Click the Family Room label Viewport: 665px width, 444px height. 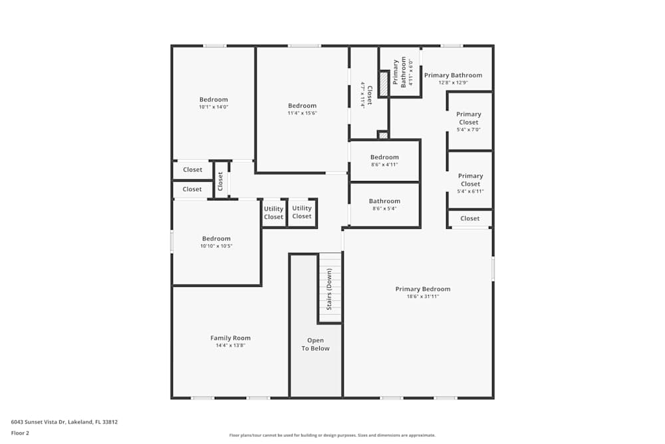[x=230, y=338]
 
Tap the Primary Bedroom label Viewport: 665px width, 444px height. [x=422, y=289]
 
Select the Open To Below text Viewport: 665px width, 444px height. [x=315, y=344]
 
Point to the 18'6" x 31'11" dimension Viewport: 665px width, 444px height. [x=422, y=296]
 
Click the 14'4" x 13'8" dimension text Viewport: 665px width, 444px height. [x=230, y=345]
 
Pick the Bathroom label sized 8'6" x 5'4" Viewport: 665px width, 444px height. [x=384, y=201]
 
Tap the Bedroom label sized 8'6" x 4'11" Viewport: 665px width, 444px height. [x=384, y=157]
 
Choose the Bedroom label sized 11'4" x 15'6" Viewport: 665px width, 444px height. [x=302, y=106]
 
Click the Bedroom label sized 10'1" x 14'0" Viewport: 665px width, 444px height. [x=213, y=100]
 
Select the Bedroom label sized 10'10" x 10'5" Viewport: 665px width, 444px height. [x=216, y=238]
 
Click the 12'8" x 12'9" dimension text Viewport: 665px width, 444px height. [x=453, y=83]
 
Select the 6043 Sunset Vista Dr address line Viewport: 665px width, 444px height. [x=65, y=421]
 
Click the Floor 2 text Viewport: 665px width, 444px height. [x=20, y=433]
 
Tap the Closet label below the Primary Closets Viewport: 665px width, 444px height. [x=469, y=218]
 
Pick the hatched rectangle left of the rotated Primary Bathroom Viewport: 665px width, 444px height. [x=384, y=83]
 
